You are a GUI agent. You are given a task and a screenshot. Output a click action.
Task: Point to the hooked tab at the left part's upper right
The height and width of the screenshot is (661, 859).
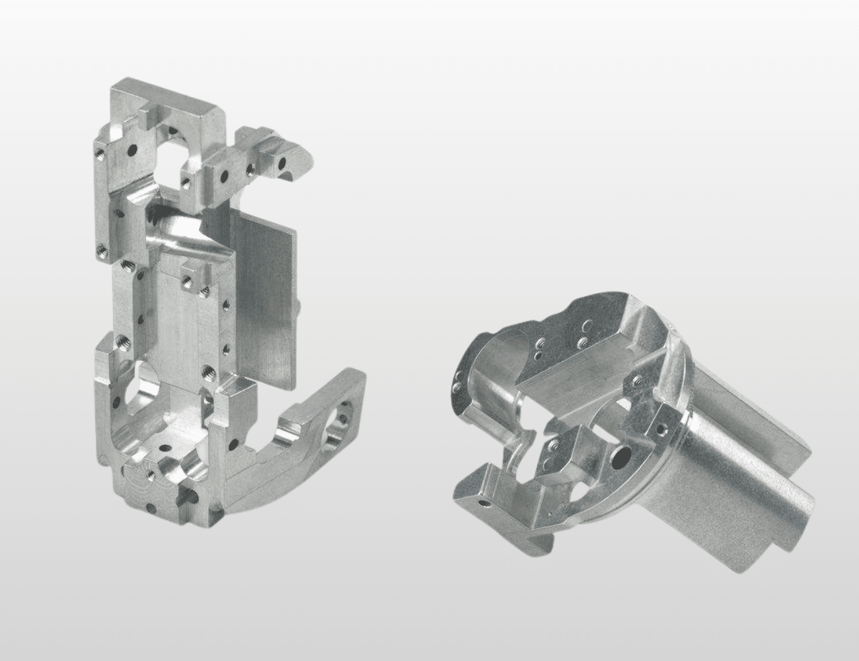pyautogui.click(x=291, y=159)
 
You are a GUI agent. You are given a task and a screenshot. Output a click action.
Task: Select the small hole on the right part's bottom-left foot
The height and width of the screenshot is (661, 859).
pyautogui.click(x=486, y=503)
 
